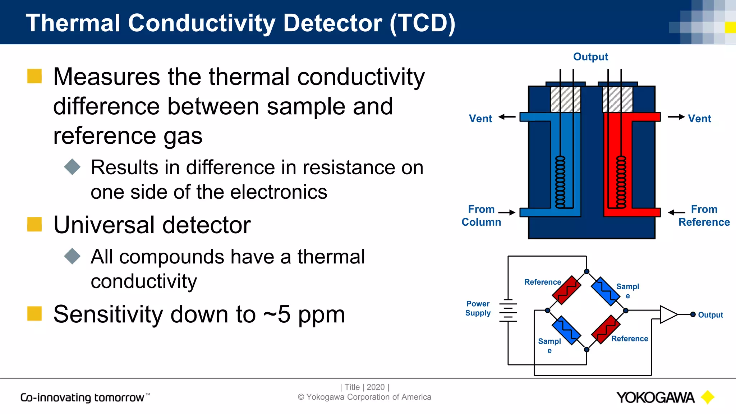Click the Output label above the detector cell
coord(590,57)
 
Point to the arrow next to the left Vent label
coord(507,117)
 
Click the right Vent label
coord(699,119)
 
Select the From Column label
coord(481,216)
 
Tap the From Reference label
coord(704,216)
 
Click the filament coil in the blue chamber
coord(560,182)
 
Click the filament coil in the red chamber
coord(621,182)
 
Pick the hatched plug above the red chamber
coord(618,99)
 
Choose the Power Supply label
coord(478,308)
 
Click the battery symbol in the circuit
coord(508,310)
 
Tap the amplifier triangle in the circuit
coord(668,314)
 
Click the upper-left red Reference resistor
coord(567,290)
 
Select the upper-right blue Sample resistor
coord(606,291)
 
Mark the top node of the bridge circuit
coord(586,271)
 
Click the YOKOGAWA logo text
coord(655,397)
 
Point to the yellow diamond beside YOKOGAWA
coord(708,397)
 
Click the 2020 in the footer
coord(376,387)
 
